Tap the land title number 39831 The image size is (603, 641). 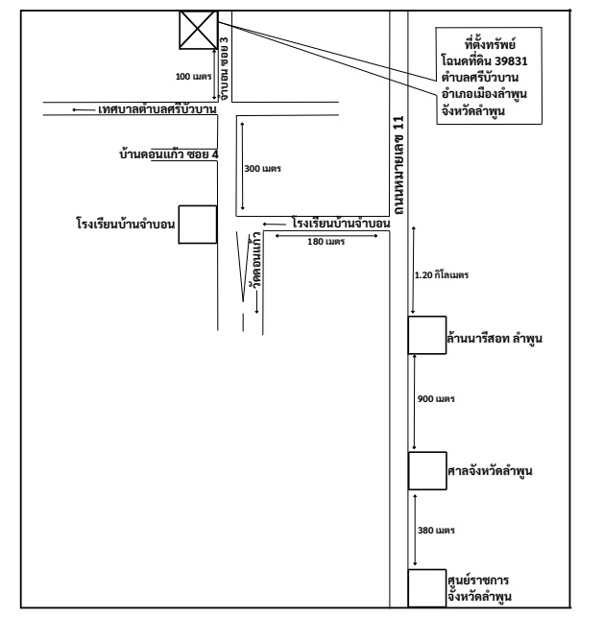pos(511,61)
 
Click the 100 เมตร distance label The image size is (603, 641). pos(194,77)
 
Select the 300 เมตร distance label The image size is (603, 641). pos(262,169)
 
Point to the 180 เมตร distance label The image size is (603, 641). pos(326,242)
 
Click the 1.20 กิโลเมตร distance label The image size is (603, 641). pos(442,275)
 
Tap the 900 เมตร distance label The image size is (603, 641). pos(436,398)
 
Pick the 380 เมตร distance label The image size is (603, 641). pos(436,531)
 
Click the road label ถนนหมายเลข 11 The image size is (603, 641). pos(398,165)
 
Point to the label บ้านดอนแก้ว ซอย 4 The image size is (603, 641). pos(169,154)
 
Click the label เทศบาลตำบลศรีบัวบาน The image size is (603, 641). pos(157,109)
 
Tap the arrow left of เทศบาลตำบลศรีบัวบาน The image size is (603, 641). pos(83,110)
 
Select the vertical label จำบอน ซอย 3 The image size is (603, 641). pos(225,69)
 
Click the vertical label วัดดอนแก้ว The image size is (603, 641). pos(257,261)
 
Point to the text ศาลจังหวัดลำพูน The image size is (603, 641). pos(490,470)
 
